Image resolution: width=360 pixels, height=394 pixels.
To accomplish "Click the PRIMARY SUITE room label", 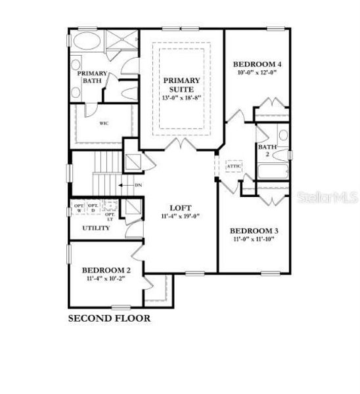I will tap(181, 85).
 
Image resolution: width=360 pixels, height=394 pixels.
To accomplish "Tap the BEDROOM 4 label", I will tap(258, 64).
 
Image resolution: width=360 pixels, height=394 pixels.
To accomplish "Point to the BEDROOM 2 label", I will tap(106, 270).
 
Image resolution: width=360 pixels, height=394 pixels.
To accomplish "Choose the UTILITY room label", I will tap(95, 228).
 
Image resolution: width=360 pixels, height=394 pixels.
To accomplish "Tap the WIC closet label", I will tap(104, 123).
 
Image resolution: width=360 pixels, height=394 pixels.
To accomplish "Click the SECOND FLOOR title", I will tap(110, 318).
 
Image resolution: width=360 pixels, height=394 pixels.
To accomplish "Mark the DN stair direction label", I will tap(139, 185).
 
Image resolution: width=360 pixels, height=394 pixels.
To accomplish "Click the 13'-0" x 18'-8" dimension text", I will tap(181, 98).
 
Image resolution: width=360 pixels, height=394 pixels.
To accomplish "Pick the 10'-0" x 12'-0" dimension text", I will tap(258, 73).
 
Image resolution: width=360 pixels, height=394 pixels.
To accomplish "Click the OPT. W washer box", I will tap(79, 208).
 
